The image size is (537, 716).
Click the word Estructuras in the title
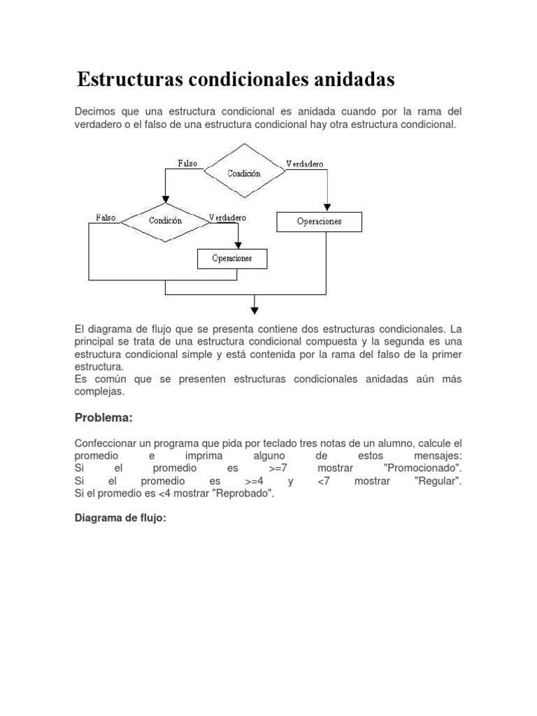(129, 80)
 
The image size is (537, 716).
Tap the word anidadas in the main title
(350, 80)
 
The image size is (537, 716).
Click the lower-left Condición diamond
(165, 221)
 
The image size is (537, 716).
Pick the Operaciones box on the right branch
(319, 222)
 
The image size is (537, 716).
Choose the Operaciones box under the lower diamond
(232, 259)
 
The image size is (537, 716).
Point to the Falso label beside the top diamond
(187, 164)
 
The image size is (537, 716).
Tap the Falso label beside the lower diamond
(106, 217)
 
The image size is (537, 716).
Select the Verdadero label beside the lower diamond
(228, 217)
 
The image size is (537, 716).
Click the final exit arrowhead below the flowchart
(255, 309)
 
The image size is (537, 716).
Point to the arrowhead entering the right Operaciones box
(327, 207)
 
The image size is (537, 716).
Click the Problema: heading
(103, 417)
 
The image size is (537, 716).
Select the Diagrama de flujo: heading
(120, 519)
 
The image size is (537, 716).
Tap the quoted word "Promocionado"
(423, 468)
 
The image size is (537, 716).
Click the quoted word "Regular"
(438, 481)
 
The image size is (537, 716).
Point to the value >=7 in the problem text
(278, 468)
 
